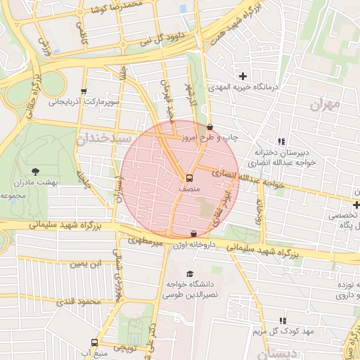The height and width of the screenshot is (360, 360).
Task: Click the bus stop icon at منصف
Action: [x=188, y=178]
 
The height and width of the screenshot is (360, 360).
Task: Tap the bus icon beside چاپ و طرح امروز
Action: [x=210, y=127]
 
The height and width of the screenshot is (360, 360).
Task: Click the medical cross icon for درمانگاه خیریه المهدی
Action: [x=243, y=76]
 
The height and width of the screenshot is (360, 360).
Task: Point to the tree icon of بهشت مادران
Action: [x=36, y=171]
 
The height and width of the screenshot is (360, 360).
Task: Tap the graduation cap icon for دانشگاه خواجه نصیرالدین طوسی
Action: [x=189, y=274]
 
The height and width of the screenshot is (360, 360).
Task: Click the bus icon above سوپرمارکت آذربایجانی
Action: [x=84, y=91]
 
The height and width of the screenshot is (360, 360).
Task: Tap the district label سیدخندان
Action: [x=105, y=139]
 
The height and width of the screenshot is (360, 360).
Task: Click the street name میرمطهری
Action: [x=144, y=240]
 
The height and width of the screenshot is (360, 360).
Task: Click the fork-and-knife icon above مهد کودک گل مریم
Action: [x=283, y=320]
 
